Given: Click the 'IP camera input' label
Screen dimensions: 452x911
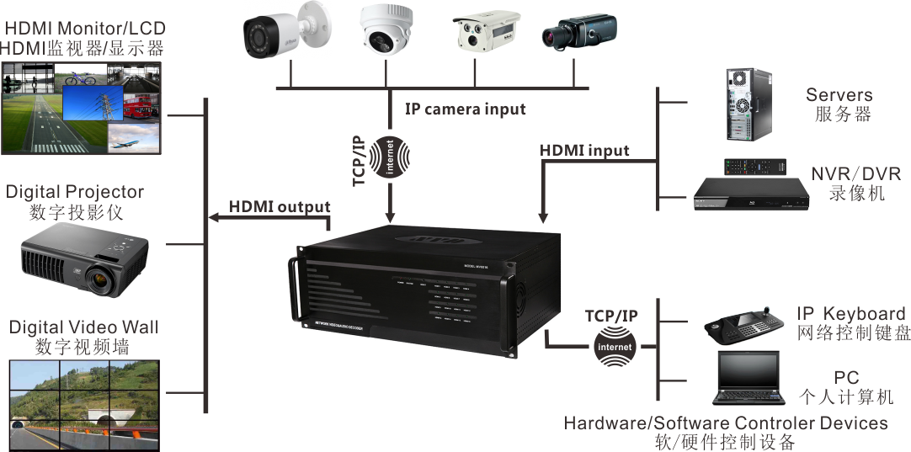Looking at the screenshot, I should tap(465, 109).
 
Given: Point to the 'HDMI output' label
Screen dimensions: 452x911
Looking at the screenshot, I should tap(280, 206).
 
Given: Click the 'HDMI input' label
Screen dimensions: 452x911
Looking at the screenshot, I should tap(584, 151).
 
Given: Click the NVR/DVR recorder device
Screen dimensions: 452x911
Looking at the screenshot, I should tap(749, 193).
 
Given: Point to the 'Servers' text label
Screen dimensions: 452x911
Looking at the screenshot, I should tap(839, 95).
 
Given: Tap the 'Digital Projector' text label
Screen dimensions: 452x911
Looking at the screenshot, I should tap(75, 193).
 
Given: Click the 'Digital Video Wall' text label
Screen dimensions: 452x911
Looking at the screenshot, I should tap(83, 327).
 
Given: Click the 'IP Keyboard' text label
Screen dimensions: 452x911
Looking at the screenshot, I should tap(851, 314).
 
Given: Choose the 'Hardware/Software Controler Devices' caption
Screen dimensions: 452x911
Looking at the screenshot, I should tap(725, 423).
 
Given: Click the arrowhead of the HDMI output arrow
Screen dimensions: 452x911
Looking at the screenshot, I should tap(213, 217).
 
